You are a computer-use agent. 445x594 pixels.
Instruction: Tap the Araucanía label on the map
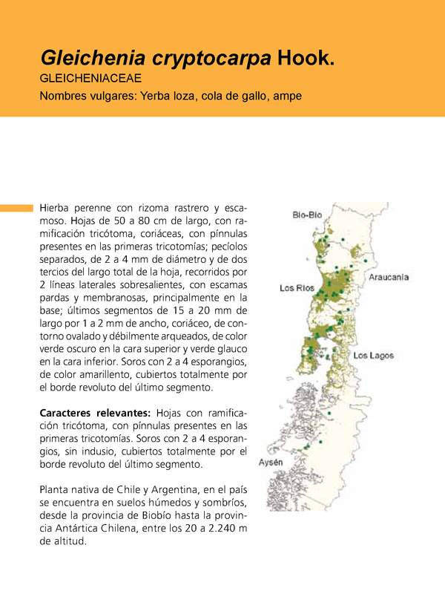pyautogui.click(x=389, y=277)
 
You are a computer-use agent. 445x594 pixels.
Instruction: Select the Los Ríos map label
pyautogui.click(x=297, y=287)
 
